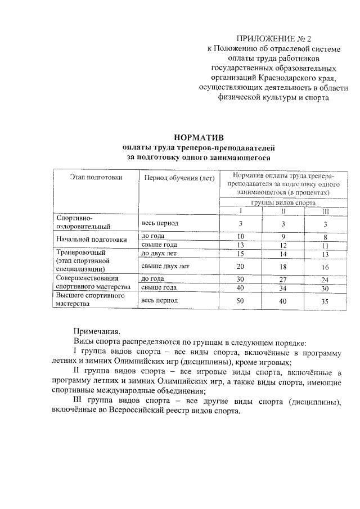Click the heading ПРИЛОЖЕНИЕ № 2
[274, 38]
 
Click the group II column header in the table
[283, 211]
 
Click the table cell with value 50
[240, 301]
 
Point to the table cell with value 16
[325, 266]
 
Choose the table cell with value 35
[325, 301]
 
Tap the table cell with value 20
[240, 266]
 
